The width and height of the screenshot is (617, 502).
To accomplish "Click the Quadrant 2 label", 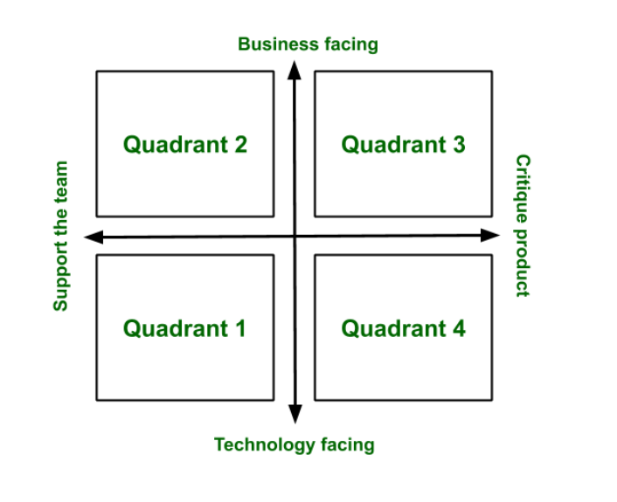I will [184, 144].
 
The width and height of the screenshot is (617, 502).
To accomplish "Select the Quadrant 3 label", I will [403, 144].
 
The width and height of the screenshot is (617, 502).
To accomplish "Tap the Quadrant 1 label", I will [184, 328].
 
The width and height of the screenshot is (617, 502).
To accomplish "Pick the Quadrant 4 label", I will [403, 328].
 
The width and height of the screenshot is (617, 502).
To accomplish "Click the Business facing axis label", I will [308, 44].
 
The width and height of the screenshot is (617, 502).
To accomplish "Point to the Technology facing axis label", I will [294, 444].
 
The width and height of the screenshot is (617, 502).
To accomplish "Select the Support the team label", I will [60, 236].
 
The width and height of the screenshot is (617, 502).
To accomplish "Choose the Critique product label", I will [523, 225].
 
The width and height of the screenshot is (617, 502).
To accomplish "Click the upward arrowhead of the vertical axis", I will [295, 69].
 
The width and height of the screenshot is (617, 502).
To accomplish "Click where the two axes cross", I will [295, 236].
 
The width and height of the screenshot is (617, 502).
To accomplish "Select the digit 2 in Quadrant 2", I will [239, 144].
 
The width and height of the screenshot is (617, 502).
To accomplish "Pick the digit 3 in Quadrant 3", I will [458, 144].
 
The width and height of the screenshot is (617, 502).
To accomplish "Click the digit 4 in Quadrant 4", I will [458, 328].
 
